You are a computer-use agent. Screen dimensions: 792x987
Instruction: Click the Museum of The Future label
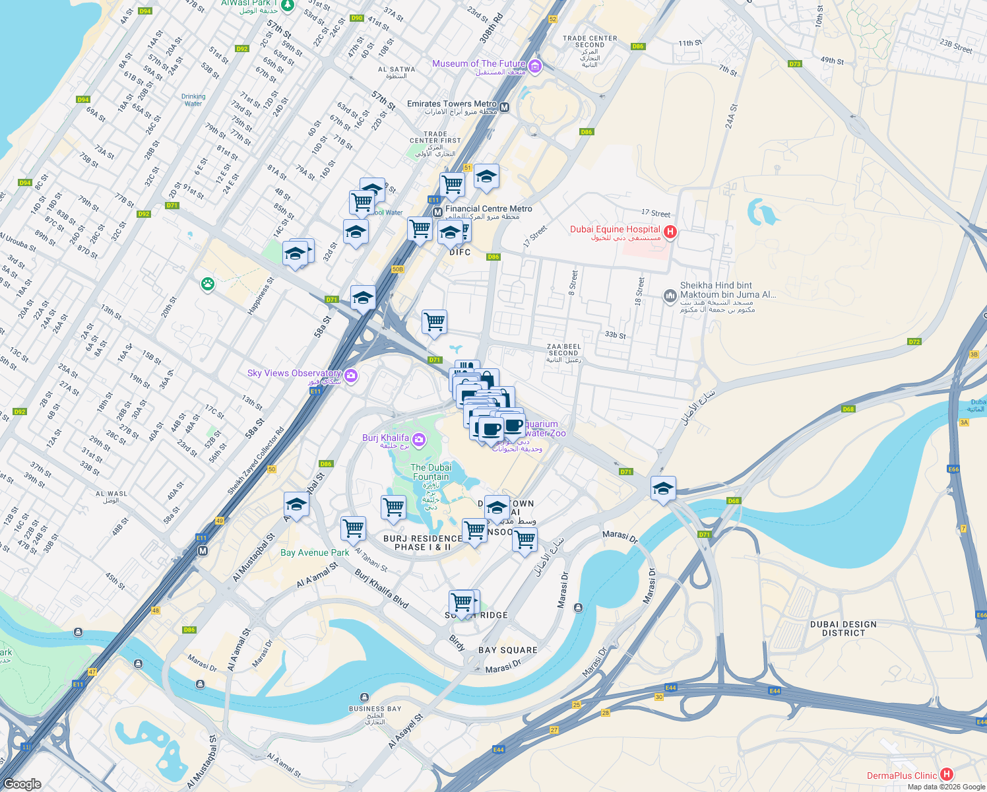point(479,64)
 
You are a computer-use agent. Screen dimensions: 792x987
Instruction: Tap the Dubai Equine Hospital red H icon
point(670,231)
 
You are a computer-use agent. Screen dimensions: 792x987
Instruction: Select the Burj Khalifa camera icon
point(418,440)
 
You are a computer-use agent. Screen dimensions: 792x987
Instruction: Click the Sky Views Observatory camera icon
point(351,376)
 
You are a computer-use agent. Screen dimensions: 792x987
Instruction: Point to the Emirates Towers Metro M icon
point(505,107)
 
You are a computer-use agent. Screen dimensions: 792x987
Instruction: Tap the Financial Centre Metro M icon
point(437,213)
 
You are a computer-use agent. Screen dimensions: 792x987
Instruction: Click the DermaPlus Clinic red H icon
point(947,774)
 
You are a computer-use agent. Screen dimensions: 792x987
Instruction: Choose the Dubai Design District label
point(843,628)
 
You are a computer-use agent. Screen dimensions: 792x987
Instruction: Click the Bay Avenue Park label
point(315,553)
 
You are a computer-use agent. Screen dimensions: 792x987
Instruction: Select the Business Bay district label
point(375,709)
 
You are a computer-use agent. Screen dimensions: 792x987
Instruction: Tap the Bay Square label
point(507,650)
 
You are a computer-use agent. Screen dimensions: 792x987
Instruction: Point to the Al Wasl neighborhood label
point(111,494)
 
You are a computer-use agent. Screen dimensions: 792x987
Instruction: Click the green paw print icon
point(208,284)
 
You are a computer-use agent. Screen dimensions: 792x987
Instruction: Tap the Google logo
point(22,784)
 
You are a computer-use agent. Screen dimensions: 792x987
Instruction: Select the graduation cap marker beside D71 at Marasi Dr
point(663,489)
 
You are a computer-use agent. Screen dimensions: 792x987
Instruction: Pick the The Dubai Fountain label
point(431,472)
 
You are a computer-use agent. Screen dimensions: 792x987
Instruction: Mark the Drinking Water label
point(193,100)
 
